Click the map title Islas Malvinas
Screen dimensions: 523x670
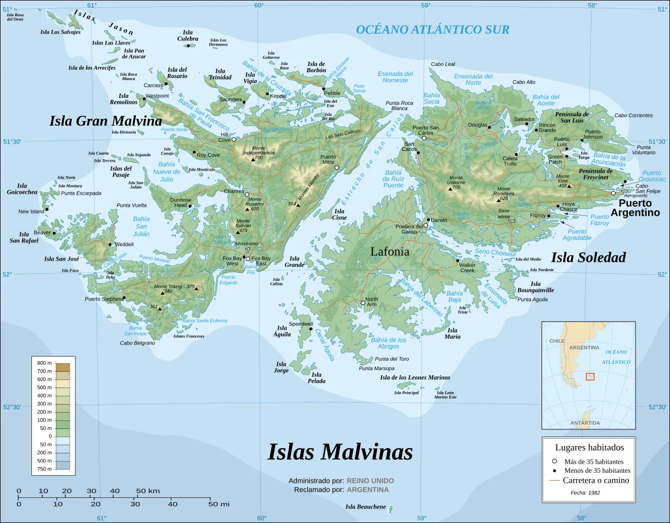(x=340, y=452)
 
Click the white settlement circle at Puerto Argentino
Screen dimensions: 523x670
(x=613, y=193)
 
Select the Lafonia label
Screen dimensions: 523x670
(x=389, y=252)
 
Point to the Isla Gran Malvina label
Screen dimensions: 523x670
(x=106, y=121)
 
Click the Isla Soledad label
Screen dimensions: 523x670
(x=588, y=258)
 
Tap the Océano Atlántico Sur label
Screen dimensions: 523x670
(x=432, y=30)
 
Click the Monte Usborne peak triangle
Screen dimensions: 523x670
(x=450, y=189)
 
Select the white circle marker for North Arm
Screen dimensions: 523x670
(x=363, y=303)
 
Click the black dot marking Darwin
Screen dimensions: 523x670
(x=428, y=220)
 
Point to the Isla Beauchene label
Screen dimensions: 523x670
(x=365, y=507)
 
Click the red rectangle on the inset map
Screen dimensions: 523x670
(x=590, y=376)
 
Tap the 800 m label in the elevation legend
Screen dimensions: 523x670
(x=44, y=363)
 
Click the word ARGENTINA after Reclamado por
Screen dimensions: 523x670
(x=367, y=490)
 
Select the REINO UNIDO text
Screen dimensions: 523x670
(x=370, y=481)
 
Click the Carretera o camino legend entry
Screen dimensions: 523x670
(x=596, y=481)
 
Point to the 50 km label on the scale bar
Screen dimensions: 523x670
(x=148, y=491)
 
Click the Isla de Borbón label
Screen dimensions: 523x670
(x=316, y=68)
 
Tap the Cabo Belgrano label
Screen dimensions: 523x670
(x=137, y=343)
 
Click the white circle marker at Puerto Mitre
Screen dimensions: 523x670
(x=337, y=168)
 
